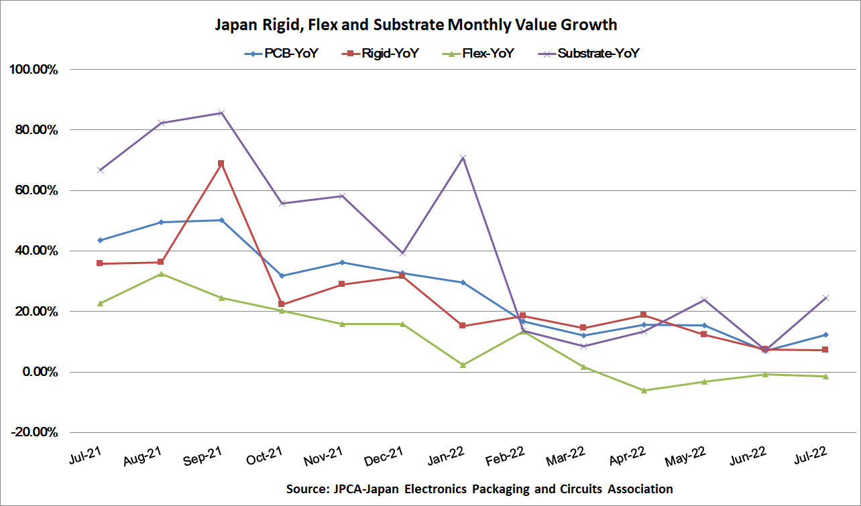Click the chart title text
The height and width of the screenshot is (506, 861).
point(416,25)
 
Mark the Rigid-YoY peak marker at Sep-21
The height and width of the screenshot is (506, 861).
point(221,164)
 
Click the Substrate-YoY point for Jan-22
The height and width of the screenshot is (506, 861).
point(463,158)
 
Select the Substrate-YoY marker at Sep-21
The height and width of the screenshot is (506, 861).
point(221,113)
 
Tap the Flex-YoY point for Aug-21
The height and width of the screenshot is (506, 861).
point(161,273)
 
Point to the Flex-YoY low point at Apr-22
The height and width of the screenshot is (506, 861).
point(644,390)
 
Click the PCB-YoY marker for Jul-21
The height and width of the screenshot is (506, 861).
point(101,240)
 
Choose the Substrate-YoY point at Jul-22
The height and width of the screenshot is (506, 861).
point(825,298)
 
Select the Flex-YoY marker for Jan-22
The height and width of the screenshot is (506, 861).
point(463,365)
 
